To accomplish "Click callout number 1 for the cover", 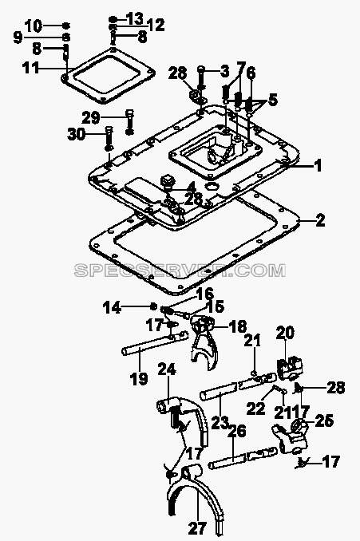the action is (x=318, y=165).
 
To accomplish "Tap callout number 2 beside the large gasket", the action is (x=320, y=220).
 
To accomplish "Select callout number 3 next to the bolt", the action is (x=224, y=72).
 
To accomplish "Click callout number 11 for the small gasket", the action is (x=30, y=68).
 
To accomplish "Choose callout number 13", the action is (x=134, y=18).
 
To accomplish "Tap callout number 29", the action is (x=91, y=117).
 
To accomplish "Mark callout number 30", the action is (x=77, y=134).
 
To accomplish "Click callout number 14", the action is (x=113, y=306).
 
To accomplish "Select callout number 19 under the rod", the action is (x=139, y=378).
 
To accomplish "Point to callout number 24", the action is (x=167, y=369).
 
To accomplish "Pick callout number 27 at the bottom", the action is (x=197, y=527).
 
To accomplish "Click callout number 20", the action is (x=285, y=333).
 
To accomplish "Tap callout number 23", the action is (x=220, y=422).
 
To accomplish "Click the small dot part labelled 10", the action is (x=66, y=26).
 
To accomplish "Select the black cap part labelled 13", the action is (x=113, y=19).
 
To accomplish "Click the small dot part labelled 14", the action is (x=153, y=306).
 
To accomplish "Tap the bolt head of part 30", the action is (x=109, y=130).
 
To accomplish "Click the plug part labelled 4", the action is (x=168, y=181).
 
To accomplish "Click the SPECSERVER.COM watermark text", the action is (x=180, y=270).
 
